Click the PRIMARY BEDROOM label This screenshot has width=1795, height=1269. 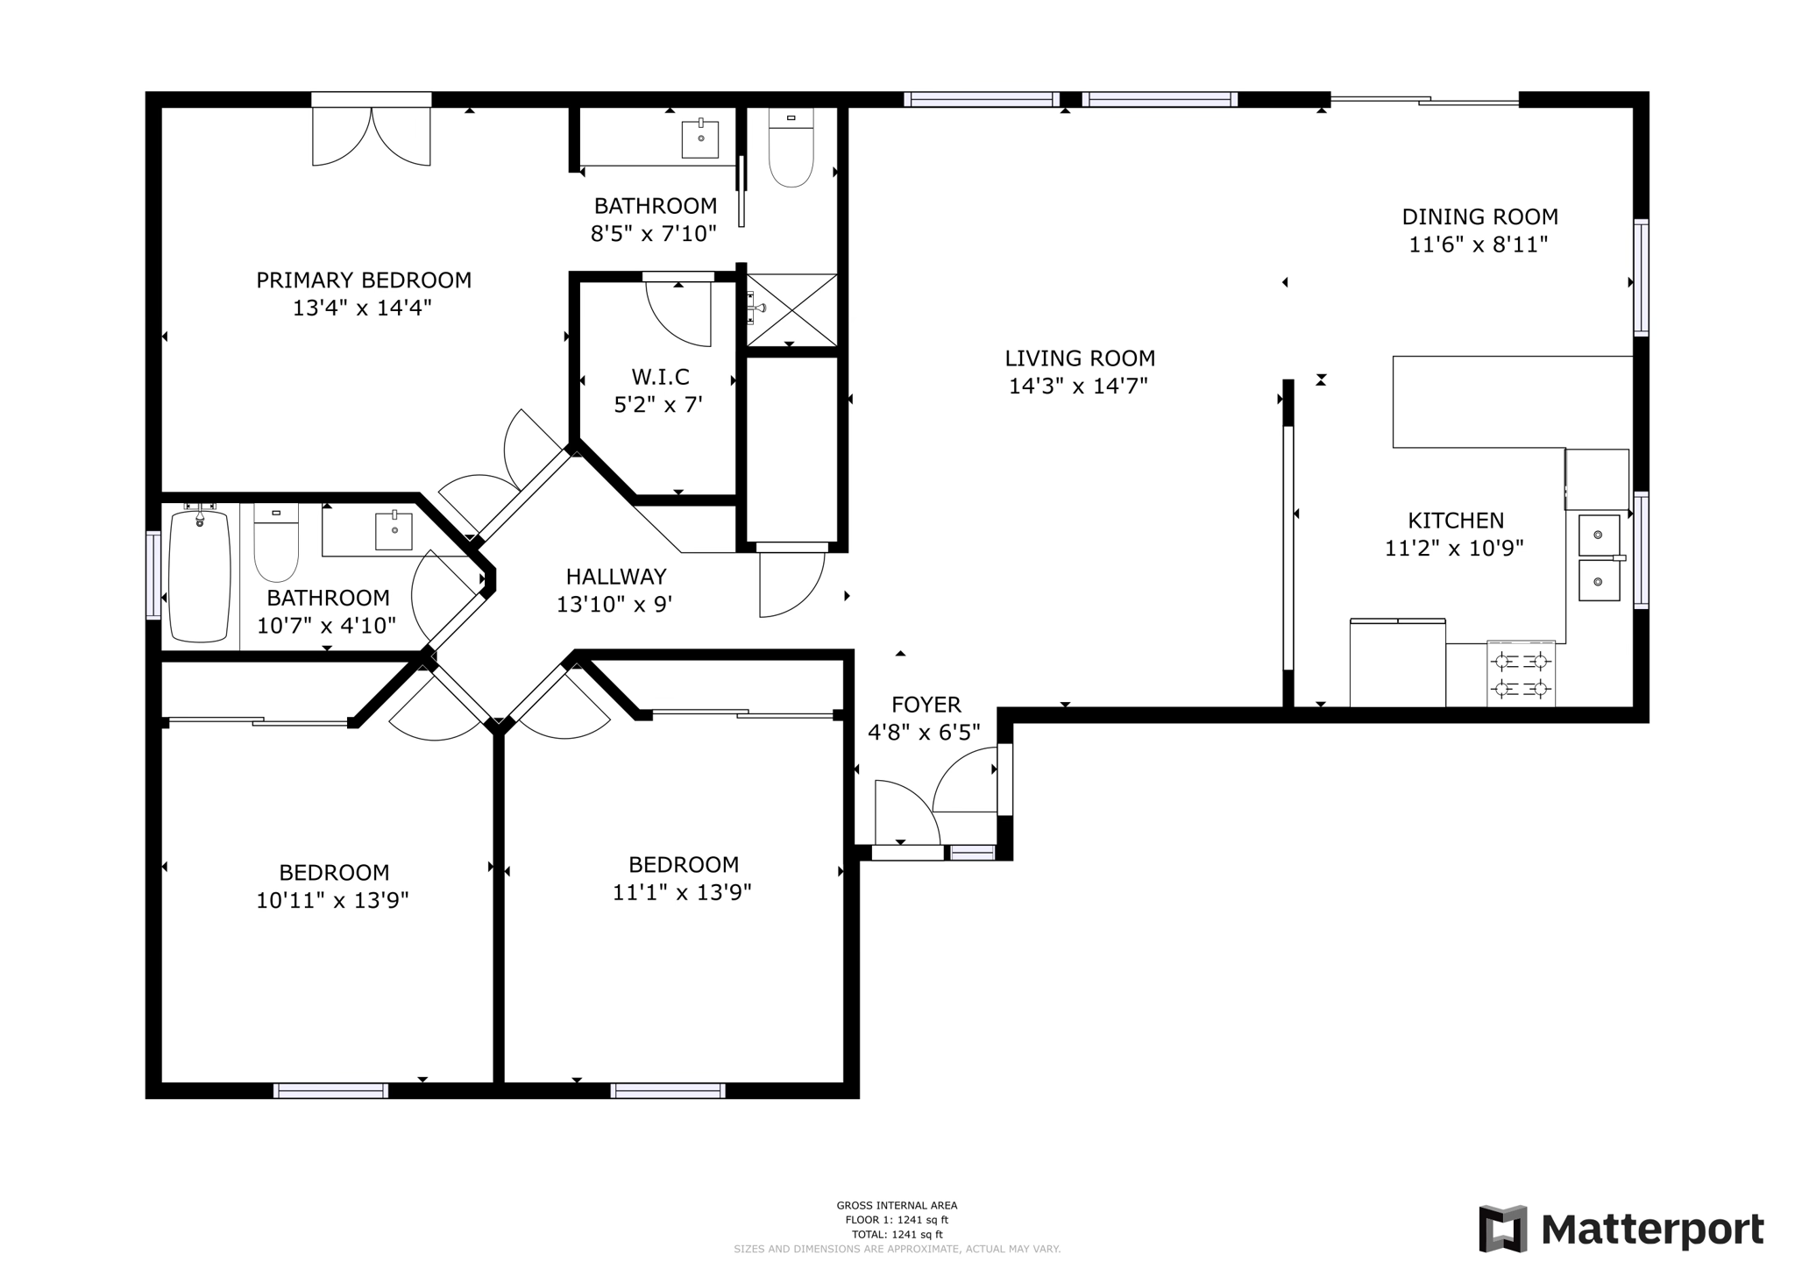click(364, 280)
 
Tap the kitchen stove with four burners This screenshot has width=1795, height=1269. click(1521, 674)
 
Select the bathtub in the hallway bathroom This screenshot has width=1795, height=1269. click(200, 576)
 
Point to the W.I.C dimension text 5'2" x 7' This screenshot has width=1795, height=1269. click(658, 405)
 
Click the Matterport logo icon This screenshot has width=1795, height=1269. click(1502, 1229)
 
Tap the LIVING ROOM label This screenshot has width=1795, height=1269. click(1079, 358)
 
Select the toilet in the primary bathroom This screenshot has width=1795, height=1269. click(791, 149)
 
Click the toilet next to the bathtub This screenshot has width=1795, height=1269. click(276, 543)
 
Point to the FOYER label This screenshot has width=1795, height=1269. click(926, 705)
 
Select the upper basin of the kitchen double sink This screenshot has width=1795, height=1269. click(1599, 535)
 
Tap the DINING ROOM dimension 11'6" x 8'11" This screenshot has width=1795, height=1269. click(1479, 245)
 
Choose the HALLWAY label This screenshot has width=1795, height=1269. click(616, 577)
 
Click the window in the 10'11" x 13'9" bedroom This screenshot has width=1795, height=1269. click(330, 1090)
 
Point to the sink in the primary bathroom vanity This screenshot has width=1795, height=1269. click(700, 139)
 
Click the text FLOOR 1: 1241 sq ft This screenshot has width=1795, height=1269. click(897, 1220)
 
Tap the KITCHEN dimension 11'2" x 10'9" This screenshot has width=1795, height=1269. click(1454, 549)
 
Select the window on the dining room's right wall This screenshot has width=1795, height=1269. click(1641, 278)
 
